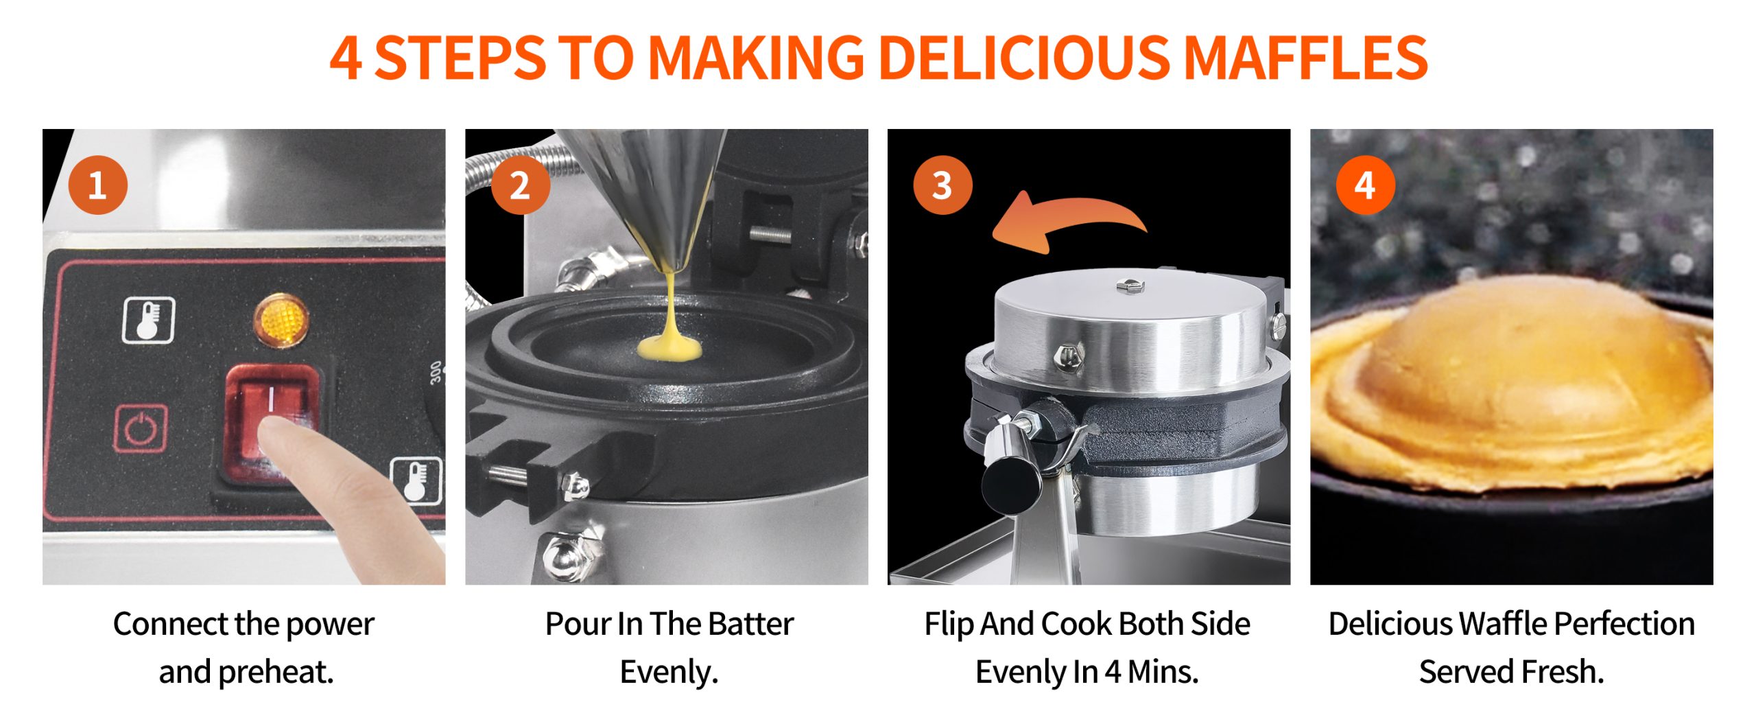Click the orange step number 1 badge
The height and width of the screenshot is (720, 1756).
coord(98,185)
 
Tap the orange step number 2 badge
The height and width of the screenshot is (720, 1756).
coord(521,185)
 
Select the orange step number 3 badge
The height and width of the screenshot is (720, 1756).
coord(942,185)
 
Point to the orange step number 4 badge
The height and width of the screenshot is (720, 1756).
coord(1365,185)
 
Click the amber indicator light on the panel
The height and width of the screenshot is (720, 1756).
coord(281,320)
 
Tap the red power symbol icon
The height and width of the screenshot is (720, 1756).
coord(141,428)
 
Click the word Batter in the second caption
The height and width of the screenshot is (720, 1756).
coord(751,624)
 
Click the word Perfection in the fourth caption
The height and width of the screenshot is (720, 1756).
coord(1624,624)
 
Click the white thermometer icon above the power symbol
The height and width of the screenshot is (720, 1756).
coord(149,320)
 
